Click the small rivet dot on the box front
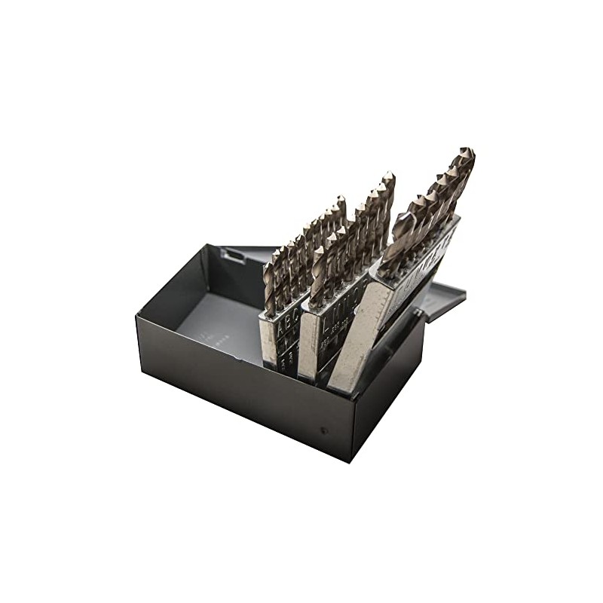pyautogui.click(x=324, y=430)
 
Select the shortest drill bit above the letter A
pyautogui.click(x=269, y=286)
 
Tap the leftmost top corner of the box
pyautogui.click(x=136, y=315)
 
